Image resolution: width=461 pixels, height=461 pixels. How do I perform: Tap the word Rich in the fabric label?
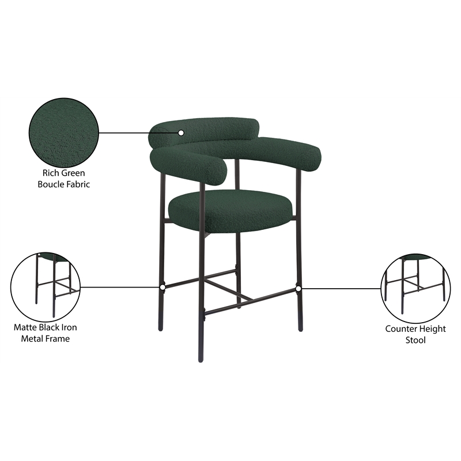[x=52, y=173]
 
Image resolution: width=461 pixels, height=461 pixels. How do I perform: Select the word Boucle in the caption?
[x=51, y=184]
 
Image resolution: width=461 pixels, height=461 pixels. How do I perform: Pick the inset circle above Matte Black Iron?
[x=46, y=286]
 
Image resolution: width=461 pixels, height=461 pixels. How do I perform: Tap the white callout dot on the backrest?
[x=181, y=133]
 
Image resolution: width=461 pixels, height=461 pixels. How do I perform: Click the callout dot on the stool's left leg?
[x=163, y=286]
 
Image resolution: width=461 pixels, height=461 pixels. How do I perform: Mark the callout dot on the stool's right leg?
[x=298, y=287]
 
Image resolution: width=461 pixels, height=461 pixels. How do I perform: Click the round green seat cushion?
[x=230, y=210]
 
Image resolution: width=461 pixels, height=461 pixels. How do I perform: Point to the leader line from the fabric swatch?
[x=138, y=133]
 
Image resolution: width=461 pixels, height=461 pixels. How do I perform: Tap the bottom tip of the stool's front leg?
[x=201, y=360]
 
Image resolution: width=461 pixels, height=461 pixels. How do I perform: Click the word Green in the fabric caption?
[x=74, y=173]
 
